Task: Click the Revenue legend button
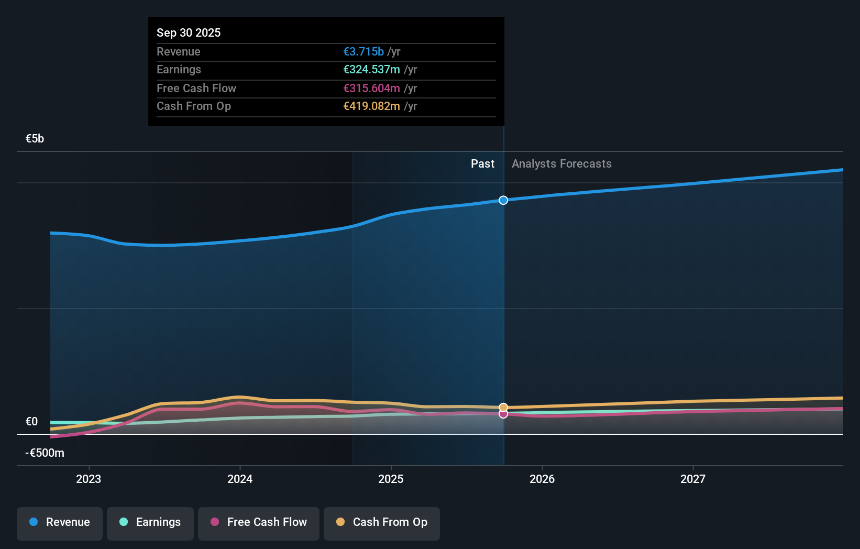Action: [x=60, y=522]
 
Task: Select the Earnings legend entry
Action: [x=150, y=522]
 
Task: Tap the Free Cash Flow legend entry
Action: [x=259, y=522]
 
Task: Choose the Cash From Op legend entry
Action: [x=382, y=522]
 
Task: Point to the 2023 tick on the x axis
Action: [x=89, y=479]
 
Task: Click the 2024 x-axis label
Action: [x=240, y=479]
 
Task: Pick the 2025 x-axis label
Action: [x=391, y=479]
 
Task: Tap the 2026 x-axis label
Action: [x=542, y=479]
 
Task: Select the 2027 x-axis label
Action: [x=693, y=479]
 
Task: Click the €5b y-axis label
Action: [x=35, y=139]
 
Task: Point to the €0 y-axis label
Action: [x=31, y=422]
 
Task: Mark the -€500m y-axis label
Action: [x=45, y=453]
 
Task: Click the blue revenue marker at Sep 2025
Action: [x=503, y=200]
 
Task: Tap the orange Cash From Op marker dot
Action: [x=503, y=407]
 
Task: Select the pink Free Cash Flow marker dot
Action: [x=503, y=414]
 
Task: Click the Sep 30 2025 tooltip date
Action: [x=189, y=32]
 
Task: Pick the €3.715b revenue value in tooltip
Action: [x=363, y=52]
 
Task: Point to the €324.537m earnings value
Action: [x=371, y=70]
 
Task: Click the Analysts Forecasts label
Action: [x=561, y=164]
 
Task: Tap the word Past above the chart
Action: [x=482, y=164]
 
